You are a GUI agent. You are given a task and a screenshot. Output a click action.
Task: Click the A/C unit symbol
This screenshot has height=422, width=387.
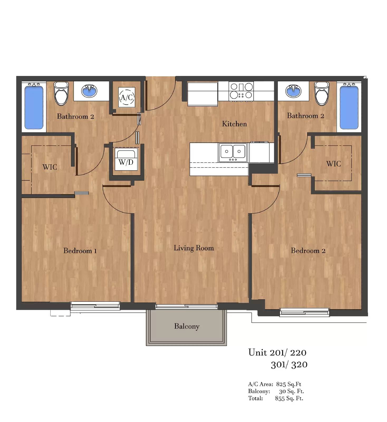[x=127, y=97]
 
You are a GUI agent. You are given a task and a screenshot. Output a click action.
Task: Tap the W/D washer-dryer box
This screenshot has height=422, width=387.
[x=126, y=159]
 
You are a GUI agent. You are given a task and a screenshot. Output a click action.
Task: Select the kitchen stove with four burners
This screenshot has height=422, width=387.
[x=241, y=91]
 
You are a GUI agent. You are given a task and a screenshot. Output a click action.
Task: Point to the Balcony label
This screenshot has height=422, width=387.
[x=187, y=326]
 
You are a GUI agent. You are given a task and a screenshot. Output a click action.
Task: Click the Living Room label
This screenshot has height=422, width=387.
[x=194, y=248]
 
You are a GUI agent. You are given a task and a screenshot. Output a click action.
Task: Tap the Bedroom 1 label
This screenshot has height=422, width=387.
[x=80, y=251]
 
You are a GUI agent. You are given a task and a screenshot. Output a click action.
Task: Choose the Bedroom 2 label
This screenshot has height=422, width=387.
[x=308, y=251]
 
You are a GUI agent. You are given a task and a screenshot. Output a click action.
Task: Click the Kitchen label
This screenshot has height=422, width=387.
[x=234, y=124]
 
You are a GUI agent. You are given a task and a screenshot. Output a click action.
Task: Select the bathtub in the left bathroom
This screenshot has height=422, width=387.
[x=34, y=107]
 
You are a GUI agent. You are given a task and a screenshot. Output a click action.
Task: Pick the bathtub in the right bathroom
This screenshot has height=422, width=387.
[x=349, y=107]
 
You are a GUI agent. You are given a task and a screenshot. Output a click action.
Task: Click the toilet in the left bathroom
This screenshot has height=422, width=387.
[x=61, y=93]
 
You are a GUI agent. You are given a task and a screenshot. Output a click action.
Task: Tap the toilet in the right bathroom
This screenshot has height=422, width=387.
[x=322, y=93]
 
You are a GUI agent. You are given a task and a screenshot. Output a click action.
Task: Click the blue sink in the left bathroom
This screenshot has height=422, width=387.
[x=89, y=91]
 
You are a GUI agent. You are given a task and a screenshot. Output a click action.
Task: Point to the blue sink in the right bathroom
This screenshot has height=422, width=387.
[x=293, y=91]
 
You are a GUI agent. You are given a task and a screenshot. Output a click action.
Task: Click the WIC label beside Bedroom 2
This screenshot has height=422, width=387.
[x=333, y=164]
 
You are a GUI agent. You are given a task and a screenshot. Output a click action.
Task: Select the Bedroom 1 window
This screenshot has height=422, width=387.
[x=95, y=306]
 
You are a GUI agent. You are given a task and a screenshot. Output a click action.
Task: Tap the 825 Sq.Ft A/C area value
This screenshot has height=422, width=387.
[x=289, y=384]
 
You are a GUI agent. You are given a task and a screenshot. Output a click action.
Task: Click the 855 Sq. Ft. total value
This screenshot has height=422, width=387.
[x=289, y=398]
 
